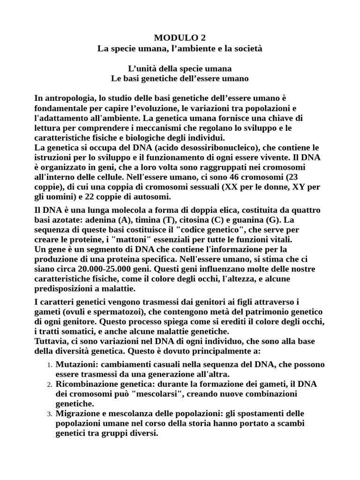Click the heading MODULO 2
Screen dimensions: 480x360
click(x=180, y=38)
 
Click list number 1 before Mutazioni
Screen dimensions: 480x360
click(x=49, y=365)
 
